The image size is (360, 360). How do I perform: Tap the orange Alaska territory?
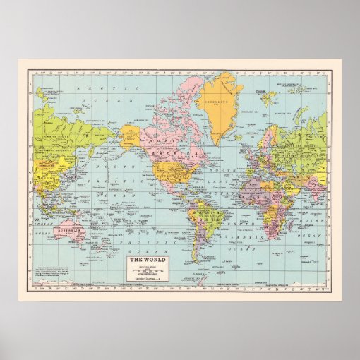pos(130,135)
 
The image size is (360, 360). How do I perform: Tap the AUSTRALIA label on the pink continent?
pos(71,230)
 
